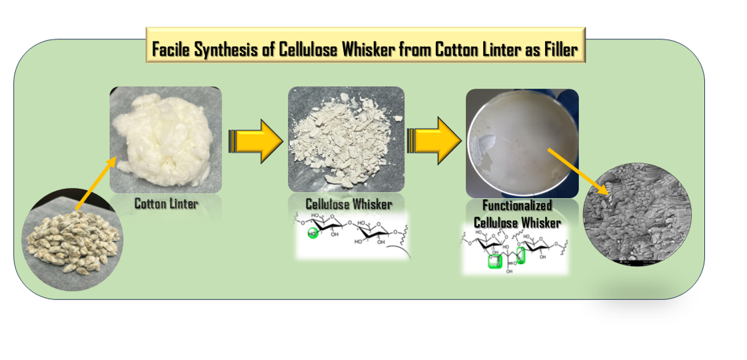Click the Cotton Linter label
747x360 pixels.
[x=166, y=204]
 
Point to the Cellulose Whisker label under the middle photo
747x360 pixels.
[x=349, y=203]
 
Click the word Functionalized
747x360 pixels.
[x=517, y=206]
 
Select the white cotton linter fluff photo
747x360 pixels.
[x=165, y=139]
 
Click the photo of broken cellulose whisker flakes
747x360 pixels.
[x=346, y=139]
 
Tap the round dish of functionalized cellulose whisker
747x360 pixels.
[x=522, y=143]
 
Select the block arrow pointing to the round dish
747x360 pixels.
[x=434, y=141]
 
